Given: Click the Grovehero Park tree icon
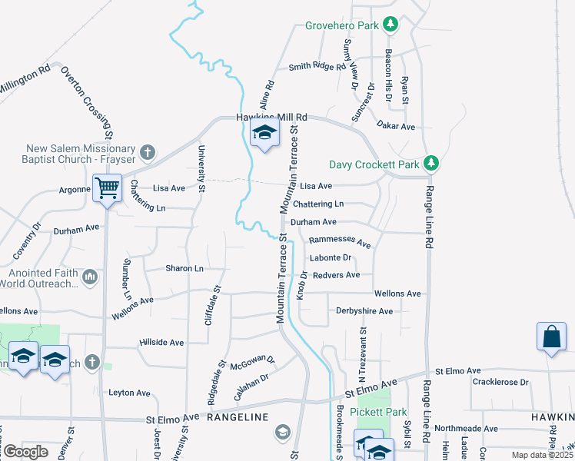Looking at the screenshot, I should (391, 25).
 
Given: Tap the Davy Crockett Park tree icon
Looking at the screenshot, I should (432, 164).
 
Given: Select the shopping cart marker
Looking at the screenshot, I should (107, 187).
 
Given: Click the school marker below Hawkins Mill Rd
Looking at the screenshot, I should (264, 134).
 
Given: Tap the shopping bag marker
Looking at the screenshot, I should (552, 337).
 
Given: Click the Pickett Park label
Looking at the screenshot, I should (378, 412).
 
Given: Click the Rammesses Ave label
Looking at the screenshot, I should (340, 242).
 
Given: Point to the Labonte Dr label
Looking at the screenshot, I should (331, 258).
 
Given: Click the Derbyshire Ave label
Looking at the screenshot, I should (364, 311).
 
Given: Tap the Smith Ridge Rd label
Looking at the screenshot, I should (317, 66).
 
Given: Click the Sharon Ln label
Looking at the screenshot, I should (184, 268).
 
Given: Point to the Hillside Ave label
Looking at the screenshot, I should (161, 342).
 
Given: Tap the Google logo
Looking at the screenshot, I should (25, 451).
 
